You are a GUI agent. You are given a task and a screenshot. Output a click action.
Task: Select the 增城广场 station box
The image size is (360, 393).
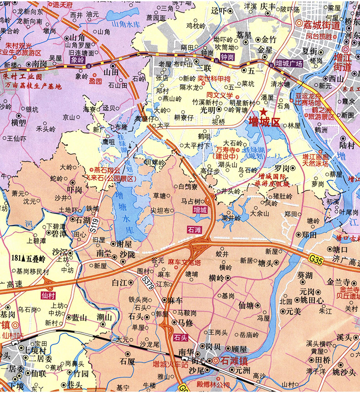click(288, 64)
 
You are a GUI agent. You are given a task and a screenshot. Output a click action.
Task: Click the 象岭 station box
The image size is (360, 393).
click(77, 59)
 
